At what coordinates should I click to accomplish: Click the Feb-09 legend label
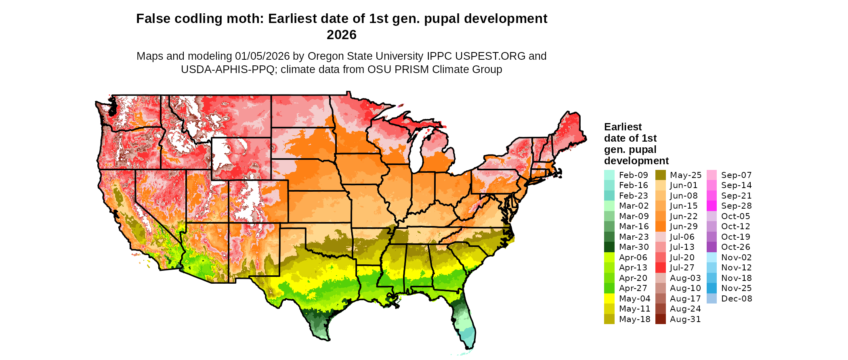(633, 175)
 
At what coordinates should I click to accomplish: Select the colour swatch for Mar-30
(609, 247)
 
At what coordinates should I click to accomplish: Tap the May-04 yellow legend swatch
(609, 299)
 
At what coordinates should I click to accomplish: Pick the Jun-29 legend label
(684, 226)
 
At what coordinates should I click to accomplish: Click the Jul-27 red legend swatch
(660, 268)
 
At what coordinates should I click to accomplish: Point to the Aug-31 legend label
(685, 319)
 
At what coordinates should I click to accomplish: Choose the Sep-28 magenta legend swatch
(712, 206)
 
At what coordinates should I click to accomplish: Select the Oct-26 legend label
(735, 247)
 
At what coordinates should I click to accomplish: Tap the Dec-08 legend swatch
(712, 299)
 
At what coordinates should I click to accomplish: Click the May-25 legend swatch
(660, 175)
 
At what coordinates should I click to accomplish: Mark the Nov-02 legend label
(735, 257)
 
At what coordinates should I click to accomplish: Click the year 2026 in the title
(341, 35)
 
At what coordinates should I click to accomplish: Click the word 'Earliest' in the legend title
(623, 127)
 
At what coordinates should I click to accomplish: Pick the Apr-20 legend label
(633, 278)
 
